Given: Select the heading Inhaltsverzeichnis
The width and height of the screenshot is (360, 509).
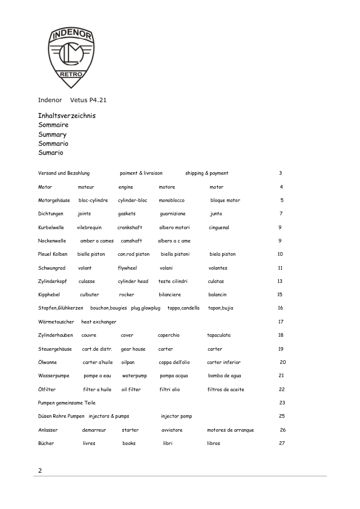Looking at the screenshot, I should click(x=67, y=115).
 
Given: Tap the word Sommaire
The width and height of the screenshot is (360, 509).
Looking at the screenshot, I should click(x=53, y=125).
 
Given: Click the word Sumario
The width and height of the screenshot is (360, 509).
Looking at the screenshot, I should click(x=51, y=153).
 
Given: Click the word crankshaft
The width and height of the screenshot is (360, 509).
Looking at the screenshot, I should click(x=129, y=227).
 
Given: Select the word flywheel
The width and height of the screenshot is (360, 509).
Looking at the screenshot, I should click(x=127, y=268).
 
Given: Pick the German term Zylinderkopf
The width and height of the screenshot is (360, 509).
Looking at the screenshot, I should click(x=53, y=281).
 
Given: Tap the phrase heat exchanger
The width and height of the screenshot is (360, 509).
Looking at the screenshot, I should click(x=99, y=322).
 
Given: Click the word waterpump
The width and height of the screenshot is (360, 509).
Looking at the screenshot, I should click(x=134, y=375).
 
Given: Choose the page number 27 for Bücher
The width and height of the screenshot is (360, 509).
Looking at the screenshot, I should click(x=282, y=443).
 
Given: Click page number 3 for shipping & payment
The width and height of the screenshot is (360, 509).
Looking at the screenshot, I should click(x=281, y=173).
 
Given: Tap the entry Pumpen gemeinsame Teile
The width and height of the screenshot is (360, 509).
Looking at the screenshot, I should click(x=67, y=403).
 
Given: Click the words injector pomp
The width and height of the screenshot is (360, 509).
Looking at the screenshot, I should click(x=176, y=416).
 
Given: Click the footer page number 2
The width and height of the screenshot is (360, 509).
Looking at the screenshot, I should click(x=40, y=470).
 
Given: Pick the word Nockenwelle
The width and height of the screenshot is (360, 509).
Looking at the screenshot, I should click(x=52, y=241).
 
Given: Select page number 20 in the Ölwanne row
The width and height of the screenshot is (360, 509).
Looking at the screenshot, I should click(x=283, y=362).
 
